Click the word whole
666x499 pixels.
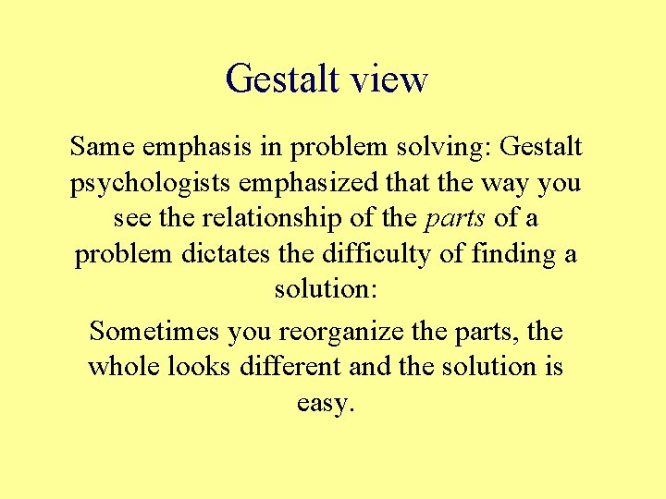click(x=125, y=366)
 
